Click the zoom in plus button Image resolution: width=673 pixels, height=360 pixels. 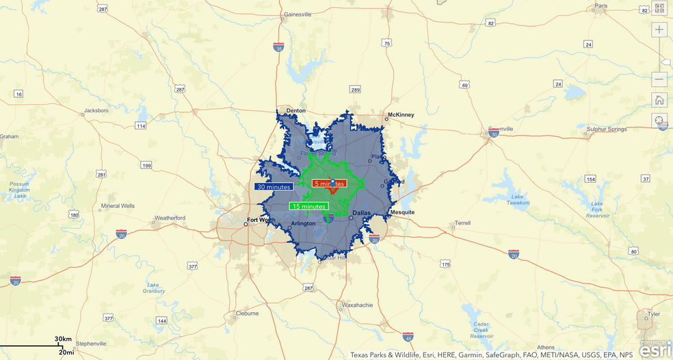(659, 29)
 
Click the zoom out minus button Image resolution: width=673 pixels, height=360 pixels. (659, 79)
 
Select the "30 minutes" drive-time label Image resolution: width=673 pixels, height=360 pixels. (274, 186)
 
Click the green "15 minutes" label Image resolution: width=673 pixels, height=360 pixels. (308, 206)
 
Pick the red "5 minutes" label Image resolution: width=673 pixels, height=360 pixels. (329, 183)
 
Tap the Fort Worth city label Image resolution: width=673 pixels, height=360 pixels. (261, 220)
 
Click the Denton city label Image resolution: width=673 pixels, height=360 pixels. (296, 110)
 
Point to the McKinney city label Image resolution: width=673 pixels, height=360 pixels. (401, 114)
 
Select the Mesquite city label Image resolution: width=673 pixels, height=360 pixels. (402, 212)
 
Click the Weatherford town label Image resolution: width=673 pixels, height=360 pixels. (170, 218)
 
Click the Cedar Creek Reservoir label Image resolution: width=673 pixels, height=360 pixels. (481, 329)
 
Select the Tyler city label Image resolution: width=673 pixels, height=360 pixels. (655, 314)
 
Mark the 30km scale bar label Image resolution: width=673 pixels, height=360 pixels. (64, 339)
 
